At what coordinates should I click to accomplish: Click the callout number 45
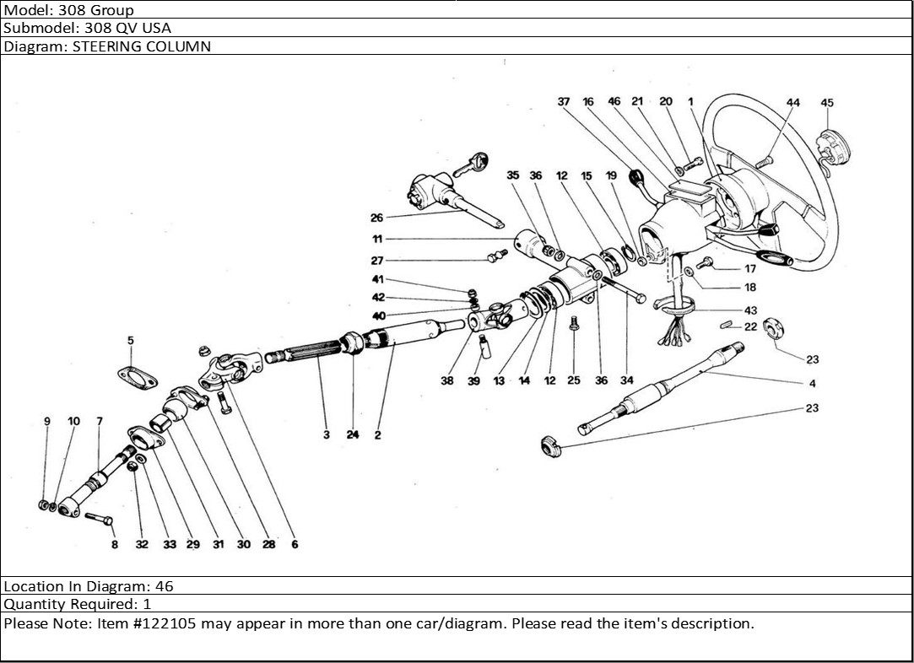(826, 103)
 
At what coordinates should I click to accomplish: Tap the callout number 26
(376, 218)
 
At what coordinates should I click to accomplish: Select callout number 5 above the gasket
(131, 341)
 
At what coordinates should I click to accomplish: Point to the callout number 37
(564, 102)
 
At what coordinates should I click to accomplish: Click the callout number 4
(812, 384)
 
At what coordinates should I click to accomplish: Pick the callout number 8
(115, 545)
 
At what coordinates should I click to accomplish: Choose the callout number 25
(574, 380)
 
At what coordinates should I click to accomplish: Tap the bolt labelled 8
(99, 518)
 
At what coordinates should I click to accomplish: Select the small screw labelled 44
(765, 159)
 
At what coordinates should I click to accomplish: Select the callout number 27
(376, 261)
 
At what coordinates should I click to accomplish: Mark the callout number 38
(447, 380)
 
